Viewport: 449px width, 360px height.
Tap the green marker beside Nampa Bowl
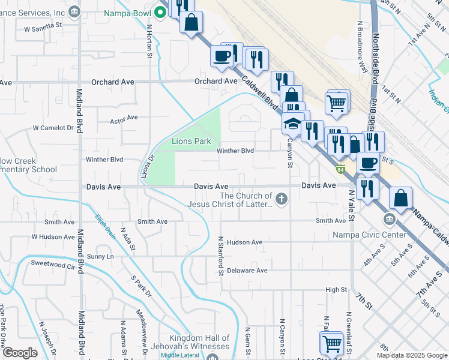[x=160, y=11]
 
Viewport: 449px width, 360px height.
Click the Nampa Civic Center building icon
[x=390, y=218]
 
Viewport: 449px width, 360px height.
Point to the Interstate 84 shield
[x=340, y=170]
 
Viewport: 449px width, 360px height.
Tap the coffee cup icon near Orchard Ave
[x=221, y=56]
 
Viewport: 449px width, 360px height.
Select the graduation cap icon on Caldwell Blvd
[x=292, y=124]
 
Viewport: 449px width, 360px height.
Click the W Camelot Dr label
[x=53, y=128]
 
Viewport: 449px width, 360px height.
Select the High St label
[x=336, y=290]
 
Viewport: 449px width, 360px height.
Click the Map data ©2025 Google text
[x=412, y=355]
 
